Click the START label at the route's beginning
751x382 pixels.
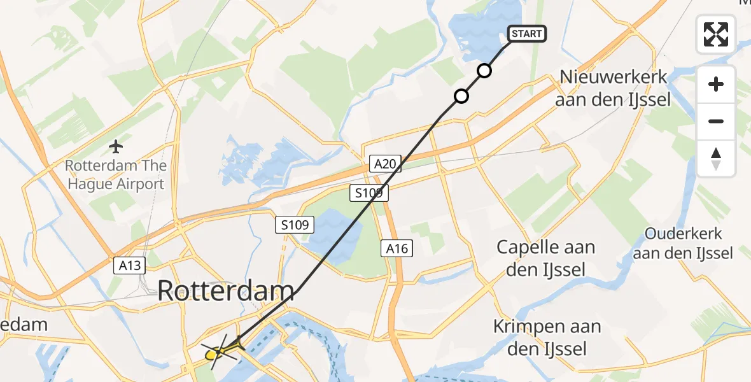pos(526,34)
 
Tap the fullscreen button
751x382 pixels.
pos(716,34)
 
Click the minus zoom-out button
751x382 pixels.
pos(716,121)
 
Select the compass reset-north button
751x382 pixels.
pos(716,158)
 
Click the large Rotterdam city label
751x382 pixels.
pos(226,292)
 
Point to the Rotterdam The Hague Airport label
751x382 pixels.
pos(115,175)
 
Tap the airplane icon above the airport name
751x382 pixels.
pos(115,147)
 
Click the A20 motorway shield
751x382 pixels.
pos(385,164)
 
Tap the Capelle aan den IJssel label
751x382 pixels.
pos(546,258)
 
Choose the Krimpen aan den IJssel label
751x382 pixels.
pos(547,337)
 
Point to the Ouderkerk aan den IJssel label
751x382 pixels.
pos(689,244)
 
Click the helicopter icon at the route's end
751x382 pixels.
pos(218,350)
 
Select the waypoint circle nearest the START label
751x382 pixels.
pos(484,71)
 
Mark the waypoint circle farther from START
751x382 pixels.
pos(461,96)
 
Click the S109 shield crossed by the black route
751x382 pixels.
pos(369,192)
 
